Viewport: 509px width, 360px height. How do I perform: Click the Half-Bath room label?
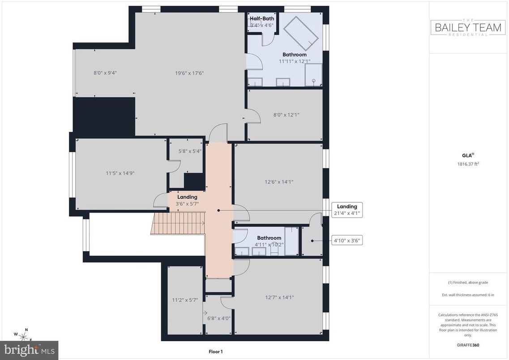tap(262, 18)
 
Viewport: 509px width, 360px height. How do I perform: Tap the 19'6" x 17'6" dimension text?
tap(189, 73)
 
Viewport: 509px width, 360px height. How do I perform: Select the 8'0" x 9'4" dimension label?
tap(105, 73)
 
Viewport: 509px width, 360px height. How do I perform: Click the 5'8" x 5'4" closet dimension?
tap(190, 151)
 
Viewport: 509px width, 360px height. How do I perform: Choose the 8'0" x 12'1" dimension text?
tap(286, 115)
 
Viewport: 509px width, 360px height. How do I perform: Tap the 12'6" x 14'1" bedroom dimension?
tap(279, 182)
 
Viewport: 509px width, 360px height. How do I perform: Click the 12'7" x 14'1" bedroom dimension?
tap(279, 297)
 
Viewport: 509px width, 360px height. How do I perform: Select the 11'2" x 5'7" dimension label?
tap(185, 300)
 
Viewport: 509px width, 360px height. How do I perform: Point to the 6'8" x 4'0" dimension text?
tap(219, 318)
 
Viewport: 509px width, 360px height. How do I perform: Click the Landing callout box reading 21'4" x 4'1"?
tap(347, 210)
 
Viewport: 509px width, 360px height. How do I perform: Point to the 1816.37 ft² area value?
tap(469, 164)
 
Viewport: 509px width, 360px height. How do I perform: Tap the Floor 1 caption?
tap(215, 351)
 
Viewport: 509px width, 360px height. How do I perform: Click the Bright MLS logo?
tap(29, 350)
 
